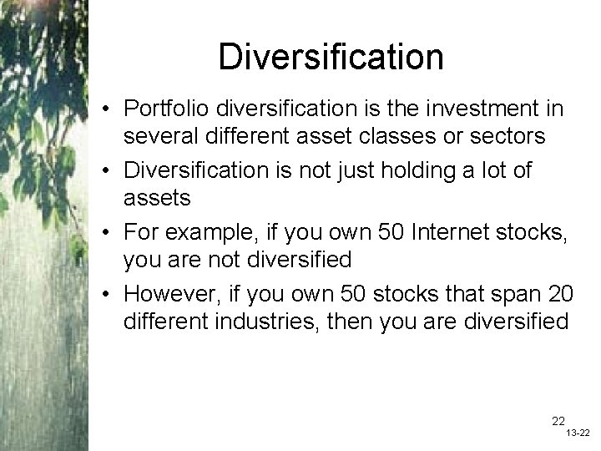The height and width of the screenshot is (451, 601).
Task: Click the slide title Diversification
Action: point(331,57)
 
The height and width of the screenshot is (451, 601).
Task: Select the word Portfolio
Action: point(167,109)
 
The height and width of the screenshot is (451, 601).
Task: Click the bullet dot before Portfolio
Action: point(109,109)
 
